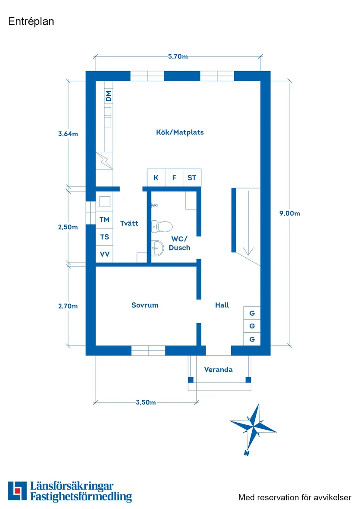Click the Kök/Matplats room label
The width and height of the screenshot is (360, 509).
tap(180, 132)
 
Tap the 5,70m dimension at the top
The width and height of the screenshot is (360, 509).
tap(178, 56)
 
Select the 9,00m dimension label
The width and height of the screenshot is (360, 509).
tap(290, 213)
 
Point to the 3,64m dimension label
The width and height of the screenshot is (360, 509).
tap(68, 134)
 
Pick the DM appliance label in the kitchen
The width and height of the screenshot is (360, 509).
tap(108, 96)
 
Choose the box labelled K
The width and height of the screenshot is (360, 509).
tap(156, 178)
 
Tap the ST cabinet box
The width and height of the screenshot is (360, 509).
tap(192, 178)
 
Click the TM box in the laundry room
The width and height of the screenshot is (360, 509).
tap(104, 219)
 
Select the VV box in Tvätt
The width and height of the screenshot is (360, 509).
tap(104, 254)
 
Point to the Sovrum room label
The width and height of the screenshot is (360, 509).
tap(145, 305)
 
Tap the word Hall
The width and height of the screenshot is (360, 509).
tap(222, 305)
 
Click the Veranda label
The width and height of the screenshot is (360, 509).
tap(218, 369)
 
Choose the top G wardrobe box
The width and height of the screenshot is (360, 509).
tap(252, 313)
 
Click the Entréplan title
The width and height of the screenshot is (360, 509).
tap(31, 21)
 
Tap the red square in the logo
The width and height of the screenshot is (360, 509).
tap(17, 490)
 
